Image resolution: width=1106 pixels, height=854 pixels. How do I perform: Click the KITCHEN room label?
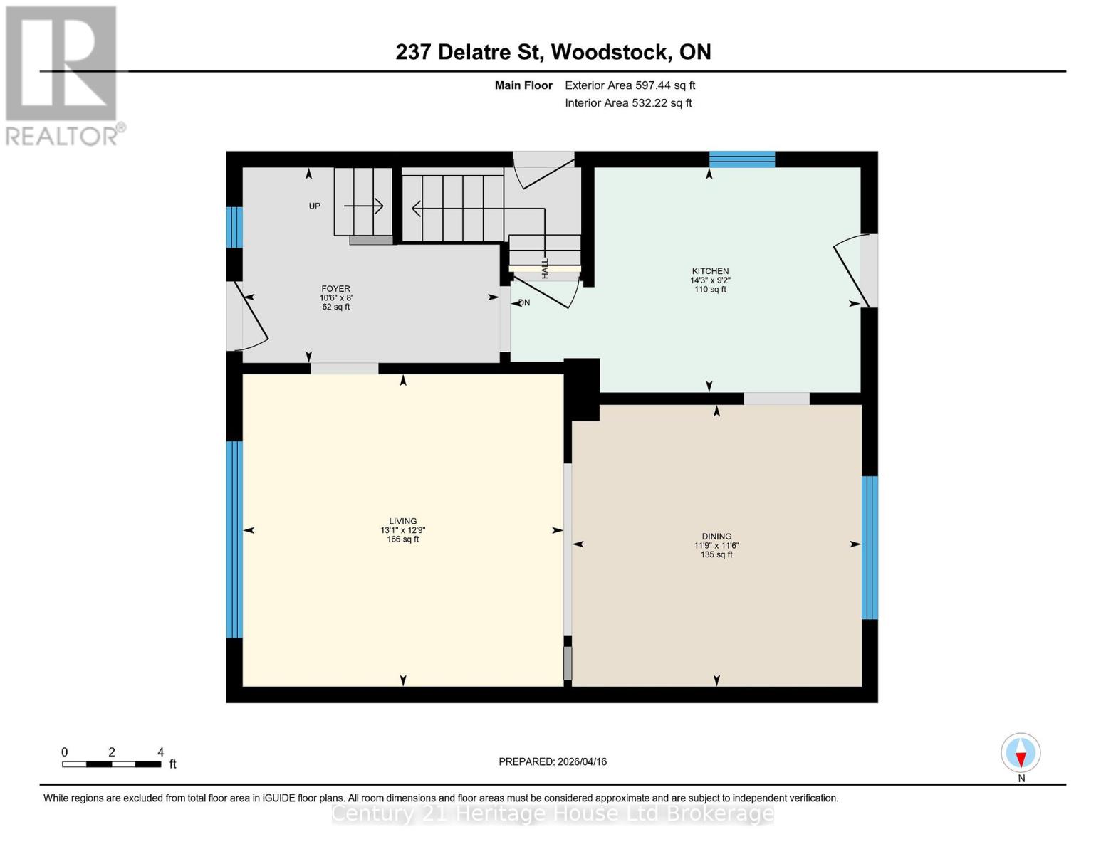click(710, 271)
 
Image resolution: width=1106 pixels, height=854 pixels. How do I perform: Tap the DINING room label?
click(716, 537)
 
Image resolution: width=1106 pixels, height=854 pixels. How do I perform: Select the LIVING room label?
click(402, 521)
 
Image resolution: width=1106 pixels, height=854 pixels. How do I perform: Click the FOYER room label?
click(335, 289)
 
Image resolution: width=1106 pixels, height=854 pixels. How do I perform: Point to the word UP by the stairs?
click(314, 206)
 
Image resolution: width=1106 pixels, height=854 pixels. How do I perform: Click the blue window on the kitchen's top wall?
click(741, 159)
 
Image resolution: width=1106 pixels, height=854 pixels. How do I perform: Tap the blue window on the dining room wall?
click(870, 547)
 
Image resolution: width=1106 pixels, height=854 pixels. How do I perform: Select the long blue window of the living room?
click(234, 539)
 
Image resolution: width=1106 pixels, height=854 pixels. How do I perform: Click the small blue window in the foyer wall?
click(234, 227)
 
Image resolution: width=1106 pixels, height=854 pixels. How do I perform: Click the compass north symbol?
click(1021, 753)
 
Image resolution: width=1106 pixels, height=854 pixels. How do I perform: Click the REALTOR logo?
click(62, 75)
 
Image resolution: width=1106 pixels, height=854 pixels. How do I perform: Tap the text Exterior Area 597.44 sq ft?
click(630, 85)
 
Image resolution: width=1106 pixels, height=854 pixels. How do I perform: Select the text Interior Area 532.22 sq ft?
click(628, 103)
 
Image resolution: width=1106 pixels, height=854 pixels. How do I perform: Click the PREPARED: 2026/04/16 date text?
click(553, 761)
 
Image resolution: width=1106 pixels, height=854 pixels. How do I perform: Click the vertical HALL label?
click(545, 268)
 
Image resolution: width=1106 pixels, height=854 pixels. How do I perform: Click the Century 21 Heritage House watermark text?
click(553, 813)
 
